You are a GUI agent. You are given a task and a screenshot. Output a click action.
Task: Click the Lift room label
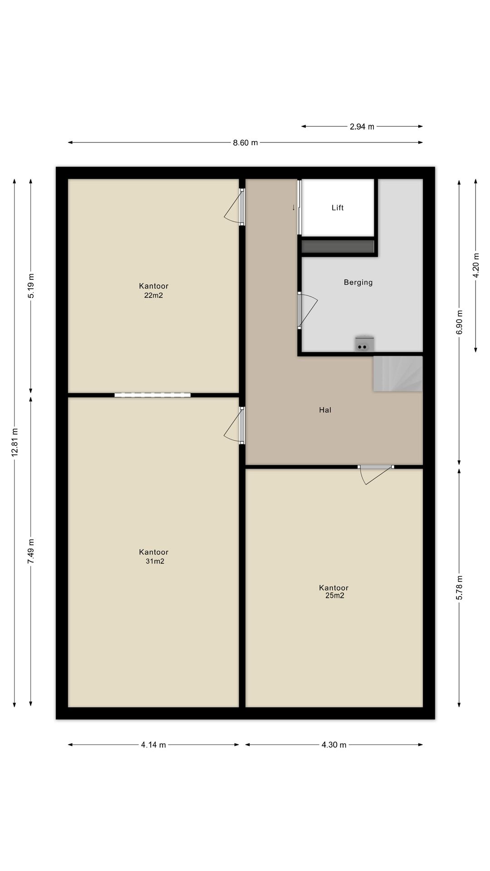tap(338, 208)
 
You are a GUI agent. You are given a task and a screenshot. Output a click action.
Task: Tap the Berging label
tap(358, 283)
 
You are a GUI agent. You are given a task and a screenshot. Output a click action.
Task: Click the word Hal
tap(325, 410)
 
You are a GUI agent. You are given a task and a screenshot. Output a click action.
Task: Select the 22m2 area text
tap(153, 295)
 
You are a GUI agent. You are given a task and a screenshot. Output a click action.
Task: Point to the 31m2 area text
tap(155, 561)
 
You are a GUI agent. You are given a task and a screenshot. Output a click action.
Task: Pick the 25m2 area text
tap(334, 596)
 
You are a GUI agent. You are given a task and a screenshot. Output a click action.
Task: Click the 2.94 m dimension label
tap(362, 127)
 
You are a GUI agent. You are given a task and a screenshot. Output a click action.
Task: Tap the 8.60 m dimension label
tap(245, 143)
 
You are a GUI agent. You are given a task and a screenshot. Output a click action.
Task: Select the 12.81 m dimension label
tap(15, 442)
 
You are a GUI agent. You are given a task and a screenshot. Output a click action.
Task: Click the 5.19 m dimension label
tap(31, 286)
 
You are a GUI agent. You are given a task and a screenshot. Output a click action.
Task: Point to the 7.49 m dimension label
tap(31, 552)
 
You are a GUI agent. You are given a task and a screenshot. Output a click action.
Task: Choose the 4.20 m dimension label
tap(475, 265)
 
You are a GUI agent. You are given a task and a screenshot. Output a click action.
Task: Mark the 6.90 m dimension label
tap(459, 322)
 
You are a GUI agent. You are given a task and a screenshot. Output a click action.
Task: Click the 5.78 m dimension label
tap(459, 588)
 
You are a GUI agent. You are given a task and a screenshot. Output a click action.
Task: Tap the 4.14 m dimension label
tap(153, 744)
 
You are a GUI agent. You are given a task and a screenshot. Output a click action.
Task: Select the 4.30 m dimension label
tap(334, 744)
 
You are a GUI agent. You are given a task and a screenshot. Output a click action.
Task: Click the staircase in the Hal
tap(398, 374)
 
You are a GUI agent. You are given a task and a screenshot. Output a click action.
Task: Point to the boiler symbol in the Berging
tap(364, 344)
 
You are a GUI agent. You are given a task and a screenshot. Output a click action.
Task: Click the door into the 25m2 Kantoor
tap(375, 474)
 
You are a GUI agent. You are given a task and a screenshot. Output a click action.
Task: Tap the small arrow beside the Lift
tap(294, 207)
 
